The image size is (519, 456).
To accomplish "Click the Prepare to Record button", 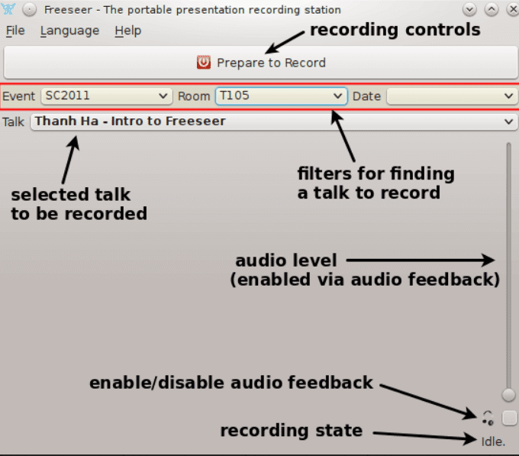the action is [x=260, y=63].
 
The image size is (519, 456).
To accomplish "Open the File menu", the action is [x=15, y=31].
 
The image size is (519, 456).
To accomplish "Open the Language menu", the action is [x=69, y=31].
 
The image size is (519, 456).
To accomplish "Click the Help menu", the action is [x=127, y=31].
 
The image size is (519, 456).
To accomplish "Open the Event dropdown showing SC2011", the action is [x=107, y=96].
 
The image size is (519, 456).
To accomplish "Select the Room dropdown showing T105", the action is [x=282, y=96].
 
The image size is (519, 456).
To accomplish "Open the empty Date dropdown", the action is [x=452, y=96].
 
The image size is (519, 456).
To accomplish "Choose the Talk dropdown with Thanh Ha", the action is [x=274, y=121].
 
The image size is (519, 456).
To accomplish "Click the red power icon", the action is [x=204, y=63].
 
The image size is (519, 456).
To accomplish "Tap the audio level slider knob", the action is [x=508, y=394].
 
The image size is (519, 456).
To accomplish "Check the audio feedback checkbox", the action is [x=509, y=418].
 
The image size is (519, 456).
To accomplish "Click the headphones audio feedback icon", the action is [x=488, y=418].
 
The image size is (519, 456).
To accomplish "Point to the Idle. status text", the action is [x=493, y=441].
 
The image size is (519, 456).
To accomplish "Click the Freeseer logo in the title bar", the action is [x=8, y=9].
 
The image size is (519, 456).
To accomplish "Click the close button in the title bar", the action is [x=513, y=9].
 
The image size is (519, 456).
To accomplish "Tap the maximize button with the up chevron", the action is [x=492, y=9].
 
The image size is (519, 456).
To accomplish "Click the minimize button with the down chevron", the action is [x=469, y=9].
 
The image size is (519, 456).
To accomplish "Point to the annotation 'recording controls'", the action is [x=395, y=30].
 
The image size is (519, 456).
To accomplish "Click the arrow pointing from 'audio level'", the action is [x=421, y=260].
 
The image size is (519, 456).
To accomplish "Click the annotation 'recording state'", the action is [x=292, y=430].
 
